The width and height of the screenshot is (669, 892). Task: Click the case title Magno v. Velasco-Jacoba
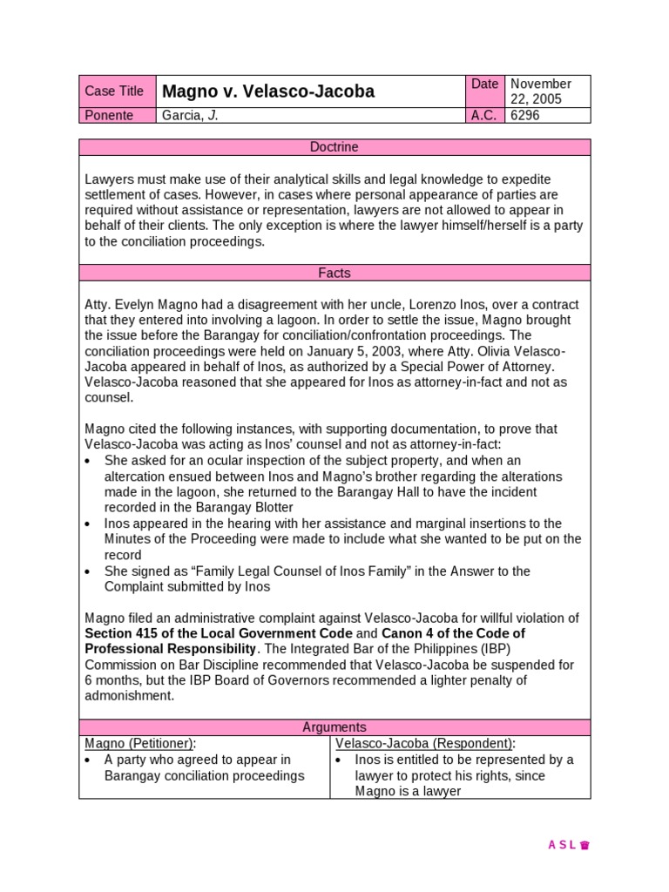coord(268,91)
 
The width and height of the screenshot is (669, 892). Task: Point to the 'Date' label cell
coord(484,84)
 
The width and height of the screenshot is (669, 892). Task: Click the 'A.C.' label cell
coord(484,115)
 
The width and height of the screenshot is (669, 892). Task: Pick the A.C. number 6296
coord(525,115)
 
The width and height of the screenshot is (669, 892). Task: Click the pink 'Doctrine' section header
coord(334,147)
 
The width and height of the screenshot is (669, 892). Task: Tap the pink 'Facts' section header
coord(334,273)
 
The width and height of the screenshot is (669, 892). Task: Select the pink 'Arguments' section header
coord(334,726)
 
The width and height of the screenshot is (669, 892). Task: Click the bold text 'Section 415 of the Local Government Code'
coord(219,633)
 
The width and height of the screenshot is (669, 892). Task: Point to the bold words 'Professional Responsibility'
coord(171,649)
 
